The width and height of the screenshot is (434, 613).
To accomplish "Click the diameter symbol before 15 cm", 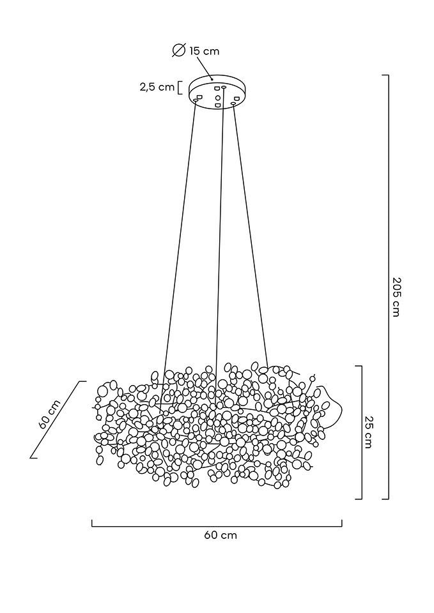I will coord(180,50).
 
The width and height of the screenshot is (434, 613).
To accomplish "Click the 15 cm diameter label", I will coord(204,51).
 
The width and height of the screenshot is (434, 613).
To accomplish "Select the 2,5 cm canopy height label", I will coord(157,87).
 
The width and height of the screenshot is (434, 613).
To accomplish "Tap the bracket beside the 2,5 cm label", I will coord(180,87).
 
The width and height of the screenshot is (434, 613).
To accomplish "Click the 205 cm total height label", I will coord(396,297).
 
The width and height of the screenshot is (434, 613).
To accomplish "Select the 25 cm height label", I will coord(369,432).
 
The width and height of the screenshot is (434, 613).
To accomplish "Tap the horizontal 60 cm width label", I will coord(221,535).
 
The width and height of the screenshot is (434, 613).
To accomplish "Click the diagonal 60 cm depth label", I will coord(49,414).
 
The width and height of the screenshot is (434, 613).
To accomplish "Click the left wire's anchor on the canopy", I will coord(196,100).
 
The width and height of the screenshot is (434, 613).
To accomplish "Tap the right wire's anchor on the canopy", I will coord(233,103).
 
